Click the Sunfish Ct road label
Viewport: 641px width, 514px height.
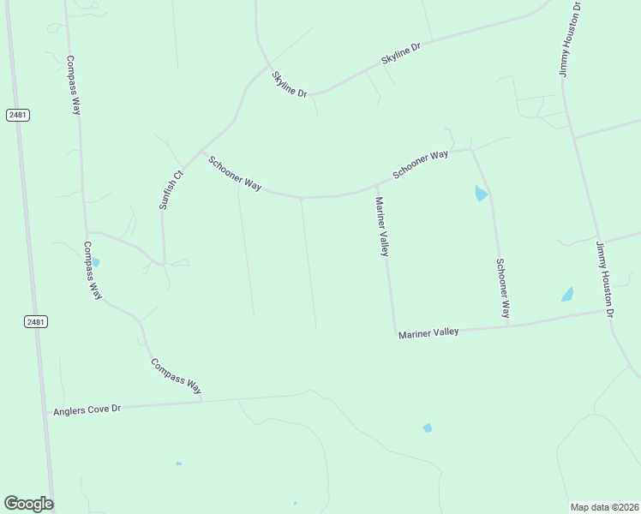coord(171,189)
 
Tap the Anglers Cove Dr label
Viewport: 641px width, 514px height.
coord(87,410)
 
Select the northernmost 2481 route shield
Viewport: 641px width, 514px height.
coord(18,115)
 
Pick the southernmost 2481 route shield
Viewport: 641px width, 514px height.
coord(35,321)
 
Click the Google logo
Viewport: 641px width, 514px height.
coord(28,504)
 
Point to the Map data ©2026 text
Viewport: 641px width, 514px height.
coord(604,506)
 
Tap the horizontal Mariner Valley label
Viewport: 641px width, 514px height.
coord(428,332)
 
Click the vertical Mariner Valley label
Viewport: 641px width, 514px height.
coord(382,226)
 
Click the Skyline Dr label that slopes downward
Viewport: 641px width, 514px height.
coord(290,84)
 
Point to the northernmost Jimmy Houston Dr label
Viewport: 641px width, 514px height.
coord(571,39)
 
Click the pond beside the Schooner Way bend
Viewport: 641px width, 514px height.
coord(481,194)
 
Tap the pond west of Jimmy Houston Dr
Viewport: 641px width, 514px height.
coord(567,295)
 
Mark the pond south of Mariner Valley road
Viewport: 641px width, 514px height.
coord(427,427)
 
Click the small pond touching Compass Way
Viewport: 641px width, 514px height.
coord(95,262)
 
